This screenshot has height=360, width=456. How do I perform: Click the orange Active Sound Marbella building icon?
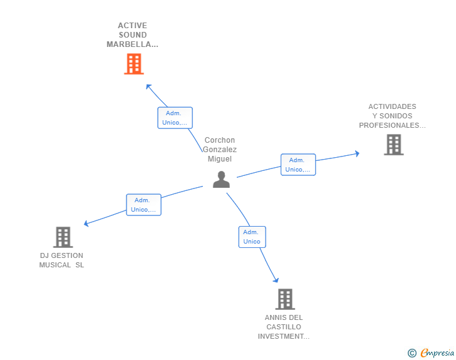tap(133, 64)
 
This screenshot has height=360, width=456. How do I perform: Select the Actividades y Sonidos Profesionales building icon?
tap(393, 145)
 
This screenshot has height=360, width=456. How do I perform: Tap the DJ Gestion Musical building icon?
tap(63, 237)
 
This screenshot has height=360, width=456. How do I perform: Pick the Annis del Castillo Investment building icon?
tap(284, 299)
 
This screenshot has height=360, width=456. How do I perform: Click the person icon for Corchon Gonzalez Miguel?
tap(221, 180)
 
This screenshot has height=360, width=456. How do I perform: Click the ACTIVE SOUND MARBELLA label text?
tap(132, 35)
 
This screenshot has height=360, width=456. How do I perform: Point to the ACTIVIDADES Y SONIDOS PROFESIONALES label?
tap(392, 116)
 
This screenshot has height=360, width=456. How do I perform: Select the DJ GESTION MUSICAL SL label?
tap(61, 260)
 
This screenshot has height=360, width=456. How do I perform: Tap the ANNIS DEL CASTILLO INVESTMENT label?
tap(284, 327)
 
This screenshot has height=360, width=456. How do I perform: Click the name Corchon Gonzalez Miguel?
tap(220, 150)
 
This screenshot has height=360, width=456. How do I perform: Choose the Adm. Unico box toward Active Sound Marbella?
tap(175, 118)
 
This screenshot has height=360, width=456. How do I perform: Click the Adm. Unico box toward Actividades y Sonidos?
tap(298, 165)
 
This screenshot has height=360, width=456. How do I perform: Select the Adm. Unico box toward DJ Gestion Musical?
tap(143, 205)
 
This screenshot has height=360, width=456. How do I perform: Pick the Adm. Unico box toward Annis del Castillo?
tap(252, 237)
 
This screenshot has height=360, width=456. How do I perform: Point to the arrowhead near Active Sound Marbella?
tap(148, 86)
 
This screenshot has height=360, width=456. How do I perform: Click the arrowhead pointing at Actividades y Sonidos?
tap(357, 153)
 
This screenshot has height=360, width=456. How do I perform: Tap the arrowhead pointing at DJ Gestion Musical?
tap(86, 224)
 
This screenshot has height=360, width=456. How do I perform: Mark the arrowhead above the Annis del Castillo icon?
tap(276, 280)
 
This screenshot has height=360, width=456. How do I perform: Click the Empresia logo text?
tap(437, 352)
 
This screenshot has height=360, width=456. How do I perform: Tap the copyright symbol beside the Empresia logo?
tap(412, 353)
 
